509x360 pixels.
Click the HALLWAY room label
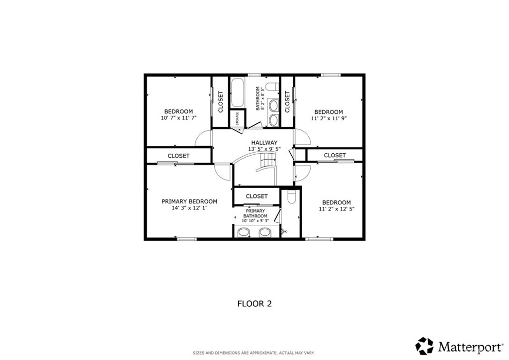[264, 143]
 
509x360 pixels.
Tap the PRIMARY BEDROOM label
[189, 201]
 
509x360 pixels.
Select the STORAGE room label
[237, 119]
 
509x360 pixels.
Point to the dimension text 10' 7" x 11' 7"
[178, 118]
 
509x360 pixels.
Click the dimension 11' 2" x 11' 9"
[329, 118]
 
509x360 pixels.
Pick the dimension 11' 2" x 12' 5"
[337, 209]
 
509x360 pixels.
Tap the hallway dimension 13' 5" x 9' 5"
[264, 149]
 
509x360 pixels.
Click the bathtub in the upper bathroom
[237, 92]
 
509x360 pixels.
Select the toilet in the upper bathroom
[272, 87]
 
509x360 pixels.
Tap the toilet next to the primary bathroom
[291, 197]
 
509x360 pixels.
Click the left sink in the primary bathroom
[244, 232]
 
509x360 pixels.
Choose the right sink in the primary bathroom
[265, 232]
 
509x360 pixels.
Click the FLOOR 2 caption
[254, 304]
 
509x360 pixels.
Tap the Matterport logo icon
[424, 346]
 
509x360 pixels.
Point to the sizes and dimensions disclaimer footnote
[254, 353]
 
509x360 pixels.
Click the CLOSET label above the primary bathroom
[256, 196]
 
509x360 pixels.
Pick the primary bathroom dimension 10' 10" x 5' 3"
[255, 221]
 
